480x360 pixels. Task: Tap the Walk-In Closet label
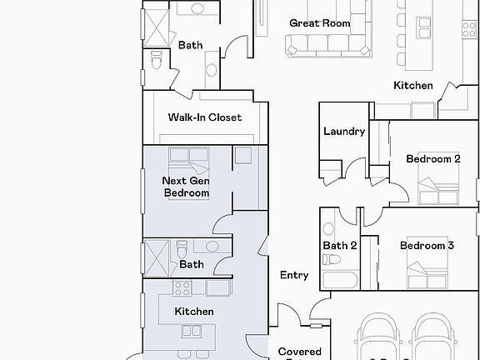click(204, 117)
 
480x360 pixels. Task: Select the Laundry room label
click(344, 132)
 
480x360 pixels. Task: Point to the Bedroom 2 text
click(432, 159)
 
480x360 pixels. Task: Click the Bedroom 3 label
click(427, 246)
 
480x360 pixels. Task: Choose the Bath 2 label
click(340, 246)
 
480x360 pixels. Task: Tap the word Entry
click(294, 275)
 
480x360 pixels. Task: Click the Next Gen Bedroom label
click(186, 187)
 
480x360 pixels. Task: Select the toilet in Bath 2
click(327, 227)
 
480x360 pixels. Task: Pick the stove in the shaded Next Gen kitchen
click(182, 288)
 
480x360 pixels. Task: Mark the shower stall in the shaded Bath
click(155, 252)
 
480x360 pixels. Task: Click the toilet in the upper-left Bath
click(156, 60)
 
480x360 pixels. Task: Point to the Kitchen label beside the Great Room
click(412, 86)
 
